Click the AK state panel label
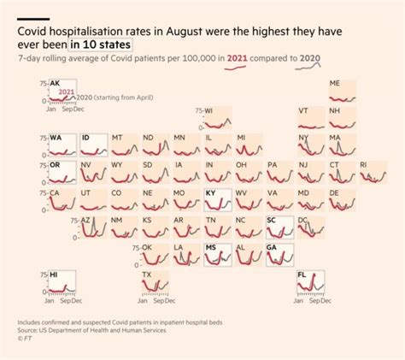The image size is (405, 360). pos(56,84)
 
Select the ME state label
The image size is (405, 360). pos(334,84)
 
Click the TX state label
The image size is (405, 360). pos(147,275)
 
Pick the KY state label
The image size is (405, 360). pos(210,193)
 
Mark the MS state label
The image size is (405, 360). pos(210,248)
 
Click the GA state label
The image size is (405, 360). pos(272,248)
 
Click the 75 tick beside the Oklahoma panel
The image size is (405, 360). pos(135,248)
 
